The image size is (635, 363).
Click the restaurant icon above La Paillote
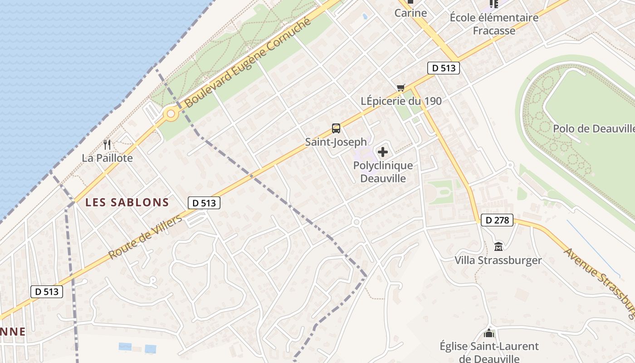coord(107,145)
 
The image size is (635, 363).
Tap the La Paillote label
coord(107,158)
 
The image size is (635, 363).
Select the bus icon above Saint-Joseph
coord(336,128)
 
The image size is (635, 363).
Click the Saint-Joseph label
coord(336,142)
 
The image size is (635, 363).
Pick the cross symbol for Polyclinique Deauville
coord(383,152)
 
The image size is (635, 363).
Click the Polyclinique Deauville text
coord(383,172)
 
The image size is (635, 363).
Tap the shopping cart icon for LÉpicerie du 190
coord(401,88)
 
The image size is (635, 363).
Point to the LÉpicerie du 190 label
coord(401,101)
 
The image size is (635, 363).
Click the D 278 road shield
coord(497,221)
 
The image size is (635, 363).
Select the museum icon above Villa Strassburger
coord(498,247)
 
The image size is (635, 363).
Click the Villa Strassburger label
coord(498,260)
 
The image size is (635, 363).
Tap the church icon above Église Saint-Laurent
coord(488,334)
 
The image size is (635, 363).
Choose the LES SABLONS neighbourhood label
coord(127,203)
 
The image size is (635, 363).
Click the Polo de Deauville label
coord(593,128)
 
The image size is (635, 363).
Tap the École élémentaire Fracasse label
coord(494,24)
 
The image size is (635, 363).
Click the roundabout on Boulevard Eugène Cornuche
coord(171,114)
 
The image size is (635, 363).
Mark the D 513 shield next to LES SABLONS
coord(204,203)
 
